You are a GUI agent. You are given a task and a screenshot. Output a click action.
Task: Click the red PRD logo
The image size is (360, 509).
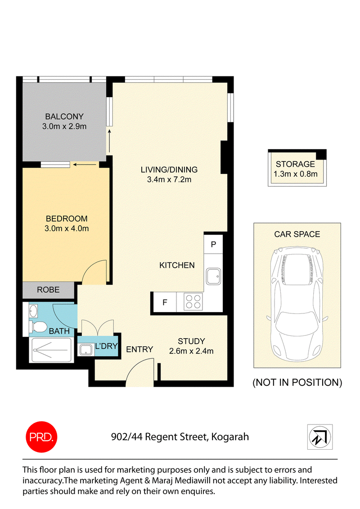click(41, 437)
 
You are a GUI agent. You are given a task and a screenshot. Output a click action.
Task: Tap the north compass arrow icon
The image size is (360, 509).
click(320, 437)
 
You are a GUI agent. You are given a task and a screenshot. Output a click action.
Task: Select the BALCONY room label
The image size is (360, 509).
click(64, 116)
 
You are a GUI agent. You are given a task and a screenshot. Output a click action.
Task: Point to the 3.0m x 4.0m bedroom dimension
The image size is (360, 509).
click(67, 228)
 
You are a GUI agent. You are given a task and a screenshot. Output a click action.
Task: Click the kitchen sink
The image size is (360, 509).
click(213, 277)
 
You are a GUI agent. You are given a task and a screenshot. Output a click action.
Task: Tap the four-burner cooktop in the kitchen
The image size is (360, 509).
click(193, 302)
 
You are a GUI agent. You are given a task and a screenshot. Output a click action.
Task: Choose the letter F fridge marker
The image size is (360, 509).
click(165, 303)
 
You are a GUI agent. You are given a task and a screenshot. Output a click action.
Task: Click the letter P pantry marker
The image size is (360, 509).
click(213, 245)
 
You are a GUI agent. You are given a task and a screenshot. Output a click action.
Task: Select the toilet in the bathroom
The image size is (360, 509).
click(38, 326)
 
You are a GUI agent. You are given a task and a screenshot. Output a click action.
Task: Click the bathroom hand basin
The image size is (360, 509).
click(33, 312)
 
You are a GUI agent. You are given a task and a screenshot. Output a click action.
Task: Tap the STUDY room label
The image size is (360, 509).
click(191, 341)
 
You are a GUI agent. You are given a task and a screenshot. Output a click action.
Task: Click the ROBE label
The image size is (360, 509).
click(48, 290)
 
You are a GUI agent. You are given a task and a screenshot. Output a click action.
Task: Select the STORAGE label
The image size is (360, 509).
click(295, 164)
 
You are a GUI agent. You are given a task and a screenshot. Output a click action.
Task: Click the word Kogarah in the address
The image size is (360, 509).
click(230, 437)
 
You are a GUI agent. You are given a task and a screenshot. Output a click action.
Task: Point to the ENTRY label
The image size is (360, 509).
click(139, 349)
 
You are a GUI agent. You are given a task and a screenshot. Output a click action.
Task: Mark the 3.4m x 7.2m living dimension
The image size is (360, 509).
click(169, 179)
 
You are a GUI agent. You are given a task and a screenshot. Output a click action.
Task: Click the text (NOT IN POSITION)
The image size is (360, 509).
click(297, 382)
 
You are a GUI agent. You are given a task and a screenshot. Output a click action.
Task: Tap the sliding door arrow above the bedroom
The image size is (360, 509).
click(85, 165)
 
